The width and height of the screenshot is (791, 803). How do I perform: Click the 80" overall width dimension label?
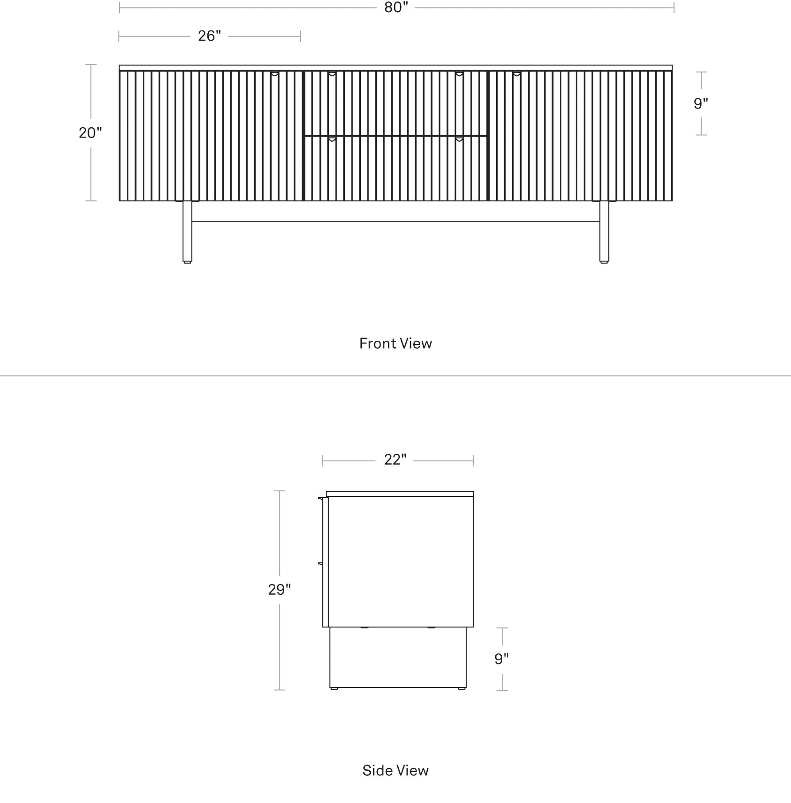(396, 7)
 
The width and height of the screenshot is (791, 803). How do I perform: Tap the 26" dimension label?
(209, 36)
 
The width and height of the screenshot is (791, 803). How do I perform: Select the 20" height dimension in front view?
(90, 133)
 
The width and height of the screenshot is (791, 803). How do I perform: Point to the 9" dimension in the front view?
(701, 103)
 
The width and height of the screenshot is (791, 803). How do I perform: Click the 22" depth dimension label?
(395, 460)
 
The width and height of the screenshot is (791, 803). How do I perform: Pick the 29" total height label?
(279, 590)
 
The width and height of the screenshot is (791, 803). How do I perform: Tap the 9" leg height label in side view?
(502, 659)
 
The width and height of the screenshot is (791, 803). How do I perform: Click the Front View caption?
(395, 343)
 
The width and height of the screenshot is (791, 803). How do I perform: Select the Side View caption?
(395, 771)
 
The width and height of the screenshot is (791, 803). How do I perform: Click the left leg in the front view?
(187, 232)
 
